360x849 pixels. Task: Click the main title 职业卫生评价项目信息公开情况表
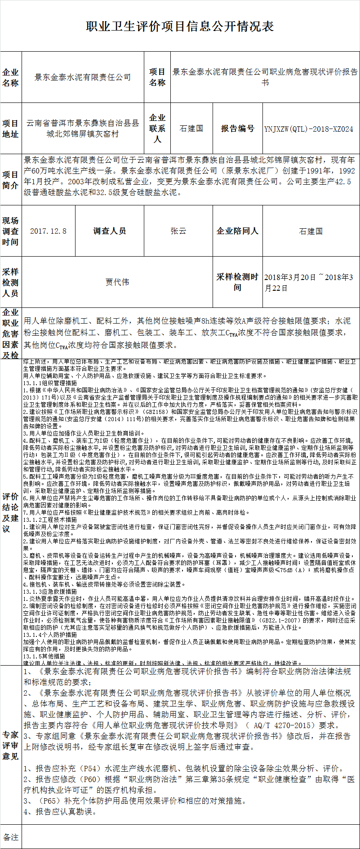coord(180,27)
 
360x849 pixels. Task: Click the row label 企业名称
coord(11,77)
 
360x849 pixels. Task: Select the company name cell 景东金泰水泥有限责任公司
coord(83,77)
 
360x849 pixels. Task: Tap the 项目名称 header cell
coord(157,77)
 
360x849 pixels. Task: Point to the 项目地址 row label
coord(11,129)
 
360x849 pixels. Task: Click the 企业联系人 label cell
coord(157,129)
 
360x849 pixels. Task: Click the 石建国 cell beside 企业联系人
coord(191,129)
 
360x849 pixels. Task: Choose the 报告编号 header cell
coord(237,129)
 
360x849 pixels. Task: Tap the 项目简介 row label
coord(11,180)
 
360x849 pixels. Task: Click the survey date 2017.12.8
coord(48,231)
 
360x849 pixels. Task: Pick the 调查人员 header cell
coord(110,231)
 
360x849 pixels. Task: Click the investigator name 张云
coord(178,231)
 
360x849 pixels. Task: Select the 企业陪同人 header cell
coord(237,231)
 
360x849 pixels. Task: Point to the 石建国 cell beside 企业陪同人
coord(311,231)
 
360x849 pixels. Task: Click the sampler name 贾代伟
coord(117,282)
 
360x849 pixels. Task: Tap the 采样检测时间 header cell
coord(237,282)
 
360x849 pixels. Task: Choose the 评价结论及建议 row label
coord(11,512)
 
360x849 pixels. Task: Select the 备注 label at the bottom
coord(11,837)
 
